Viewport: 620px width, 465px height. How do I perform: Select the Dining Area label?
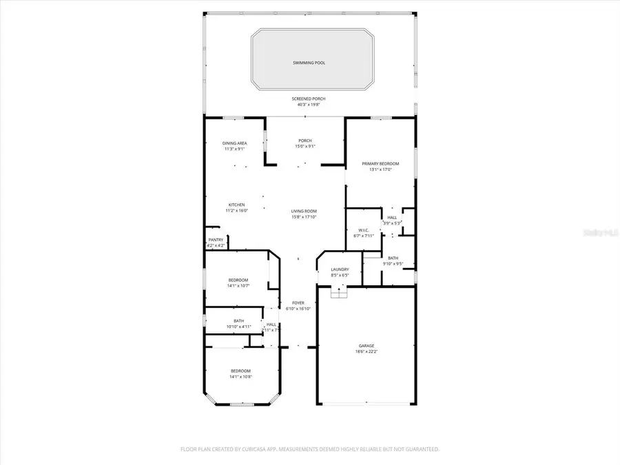[235, 143]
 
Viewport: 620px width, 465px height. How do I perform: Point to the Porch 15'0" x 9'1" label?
[304, 143]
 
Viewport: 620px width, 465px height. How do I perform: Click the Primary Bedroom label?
[380, 164]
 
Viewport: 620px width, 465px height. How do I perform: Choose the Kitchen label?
[237, 205]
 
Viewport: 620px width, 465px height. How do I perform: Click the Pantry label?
[216, 240]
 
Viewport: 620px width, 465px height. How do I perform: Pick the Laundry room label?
[340, 269]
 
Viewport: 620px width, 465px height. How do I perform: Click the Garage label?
[366, 347]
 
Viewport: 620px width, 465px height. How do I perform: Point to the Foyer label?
[298, 302]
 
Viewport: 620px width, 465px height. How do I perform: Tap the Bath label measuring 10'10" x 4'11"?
[238, 320]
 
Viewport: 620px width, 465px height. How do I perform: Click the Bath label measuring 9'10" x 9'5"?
[393, 258]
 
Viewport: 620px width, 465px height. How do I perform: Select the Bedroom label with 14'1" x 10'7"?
[238, 280]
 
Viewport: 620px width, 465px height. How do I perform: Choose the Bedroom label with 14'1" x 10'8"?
[240, 371]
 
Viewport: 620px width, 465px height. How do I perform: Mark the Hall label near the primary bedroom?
[392, 217]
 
